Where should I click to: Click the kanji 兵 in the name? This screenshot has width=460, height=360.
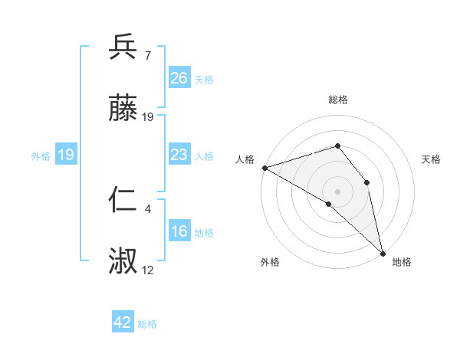(x=123, y=47)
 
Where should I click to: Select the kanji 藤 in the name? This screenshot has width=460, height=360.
(x=123, y=110)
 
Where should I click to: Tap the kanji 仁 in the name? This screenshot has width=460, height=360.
(x=123, y=201)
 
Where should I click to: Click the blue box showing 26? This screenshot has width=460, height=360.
(x=179, y=78)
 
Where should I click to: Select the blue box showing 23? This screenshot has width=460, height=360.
(x=179, y=155)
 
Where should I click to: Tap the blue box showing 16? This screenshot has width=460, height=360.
(x=179, y=232)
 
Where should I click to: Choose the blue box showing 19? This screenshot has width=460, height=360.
(x=66, y=155)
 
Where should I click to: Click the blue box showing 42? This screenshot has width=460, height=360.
(x=123, y=322)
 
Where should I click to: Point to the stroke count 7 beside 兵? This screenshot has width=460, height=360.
(x=148, y=55)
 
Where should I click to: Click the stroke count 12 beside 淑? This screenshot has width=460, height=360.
(x=148, y=270)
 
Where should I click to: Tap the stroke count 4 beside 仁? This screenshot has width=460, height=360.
(x=148, y=208)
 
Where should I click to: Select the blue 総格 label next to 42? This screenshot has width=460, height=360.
(x=147, y=324)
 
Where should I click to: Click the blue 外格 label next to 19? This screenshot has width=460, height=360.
(x=41, y=156)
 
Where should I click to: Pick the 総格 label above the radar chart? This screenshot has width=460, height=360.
(x=338, y=100)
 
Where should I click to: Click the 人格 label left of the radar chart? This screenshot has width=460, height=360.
(x=245, y=159)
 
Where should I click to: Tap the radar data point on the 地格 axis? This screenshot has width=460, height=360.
(x=382, y=253)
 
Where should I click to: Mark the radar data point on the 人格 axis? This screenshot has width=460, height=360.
(x=264, y=168)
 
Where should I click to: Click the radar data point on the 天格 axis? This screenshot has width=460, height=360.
(x=367, y=182)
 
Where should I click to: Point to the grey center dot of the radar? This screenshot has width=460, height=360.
(x=338, y=191)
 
